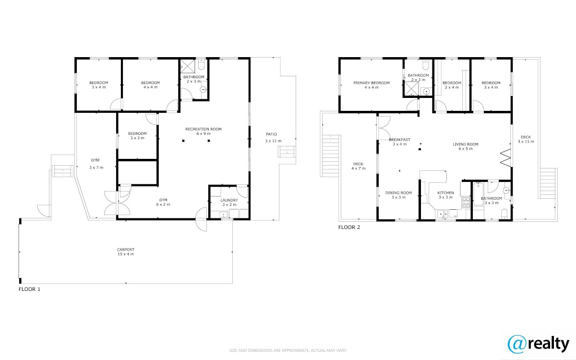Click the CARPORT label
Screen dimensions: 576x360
pyautogui.click(x=126, y=250)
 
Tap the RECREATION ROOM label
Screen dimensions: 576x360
pyautogui.click(x=204, y=129)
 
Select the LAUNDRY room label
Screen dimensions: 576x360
pyautogui.click(x=229, y=200)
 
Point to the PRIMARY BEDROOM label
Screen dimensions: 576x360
pyautogui.click(x=372, y=83)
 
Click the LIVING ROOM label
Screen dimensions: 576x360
pyautogui.click(x=466, y=144)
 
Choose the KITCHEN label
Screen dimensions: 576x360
pyautogui.click(x=445, y=192)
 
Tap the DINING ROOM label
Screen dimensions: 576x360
pyautogui.click(x=398, y=192)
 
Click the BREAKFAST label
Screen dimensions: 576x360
pyautogui.click(x=399, y=140)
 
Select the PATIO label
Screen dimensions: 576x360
pyautogui.click(x=272, y=134)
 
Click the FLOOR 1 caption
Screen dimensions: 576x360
pyautogui.click(x=30, y=289)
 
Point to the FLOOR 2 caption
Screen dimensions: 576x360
pyautogui.click(x=349, y=227)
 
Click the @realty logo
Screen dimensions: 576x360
pyautogui.click(x=539, y=345)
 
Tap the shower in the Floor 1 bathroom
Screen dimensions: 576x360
pyautogui.click(x=188, y=66)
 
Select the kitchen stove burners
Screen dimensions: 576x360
pyautogui.click(x=466, y=202)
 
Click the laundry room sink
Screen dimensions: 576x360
pyautogui.click(x=224, y=215)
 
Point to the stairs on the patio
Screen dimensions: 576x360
pyautogui.click(x=287, y=152)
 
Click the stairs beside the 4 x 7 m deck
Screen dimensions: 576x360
pyautogui.click(x=330, y=156)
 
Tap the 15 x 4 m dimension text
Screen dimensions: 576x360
pyautogui.click(x=126, y=254)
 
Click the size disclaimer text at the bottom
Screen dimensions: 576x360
pyautogui.click(x=288, y=350)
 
